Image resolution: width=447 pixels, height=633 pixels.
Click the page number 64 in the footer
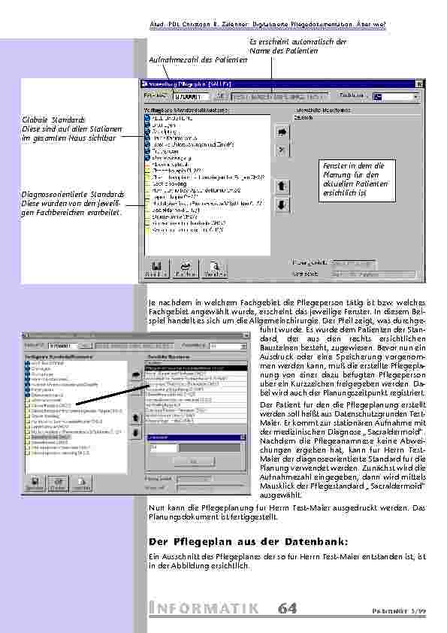click(x=287, y=608)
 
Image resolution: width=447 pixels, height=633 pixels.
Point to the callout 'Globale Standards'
click(x=54, y=120)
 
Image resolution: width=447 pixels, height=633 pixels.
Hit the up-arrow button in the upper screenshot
click(x=282, y=185)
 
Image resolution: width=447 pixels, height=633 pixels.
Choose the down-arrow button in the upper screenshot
click(x=282, y=204)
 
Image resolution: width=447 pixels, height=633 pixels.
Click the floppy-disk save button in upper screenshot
click(x=157, y=269)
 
